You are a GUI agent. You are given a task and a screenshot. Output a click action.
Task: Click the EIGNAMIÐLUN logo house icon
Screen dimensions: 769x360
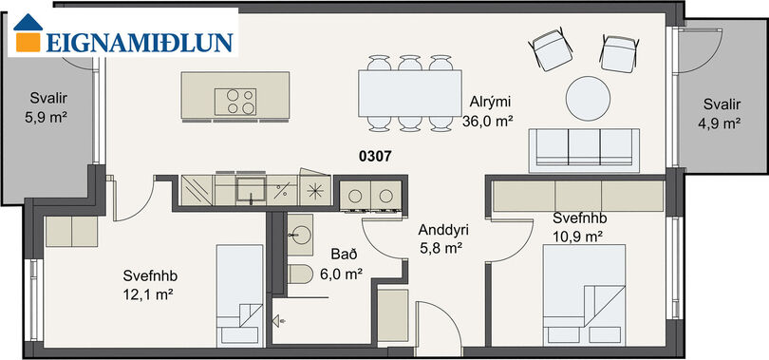pyautogui.click(x=28, y=32)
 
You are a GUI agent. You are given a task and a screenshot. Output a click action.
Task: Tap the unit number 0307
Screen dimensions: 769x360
pyautogui.click(x=375, y=157)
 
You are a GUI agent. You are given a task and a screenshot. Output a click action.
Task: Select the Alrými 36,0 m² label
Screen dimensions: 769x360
pyautogui.click(x=487, y=112)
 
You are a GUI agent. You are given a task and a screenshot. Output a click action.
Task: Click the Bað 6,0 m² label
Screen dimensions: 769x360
pyautogui.click(x=341, y=264)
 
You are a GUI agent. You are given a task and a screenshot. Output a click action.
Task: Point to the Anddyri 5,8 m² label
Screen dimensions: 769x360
pyautogui.click(x=441, y=238)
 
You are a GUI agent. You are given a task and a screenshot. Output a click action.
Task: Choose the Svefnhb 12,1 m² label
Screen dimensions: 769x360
pyautogui.click(x=150, y=285)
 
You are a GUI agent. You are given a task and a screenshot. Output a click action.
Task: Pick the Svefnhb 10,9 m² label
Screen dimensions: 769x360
pyautogui.click(x=580, y=228)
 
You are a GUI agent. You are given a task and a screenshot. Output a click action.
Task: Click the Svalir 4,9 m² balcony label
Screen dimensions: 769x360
pyautogui.click(x=719, y=114)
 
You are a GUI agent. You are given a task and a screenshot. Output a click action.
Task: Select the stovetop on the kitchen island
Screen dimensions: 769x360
pyautogui.click(x=235, y=102)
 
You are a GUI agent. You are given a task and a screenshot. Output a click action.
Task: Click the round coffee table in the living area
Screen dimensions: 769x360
pyautogui.click(x=588, y=98)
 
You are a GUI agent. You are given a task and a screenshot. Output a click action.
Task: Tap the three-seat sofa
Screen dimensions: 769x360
pyautogui.click(x=584, y=150)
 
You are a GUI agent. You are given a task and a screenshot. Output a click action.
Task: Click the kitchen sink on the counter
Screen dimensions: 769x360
pyautogui.click(x=251, y=190)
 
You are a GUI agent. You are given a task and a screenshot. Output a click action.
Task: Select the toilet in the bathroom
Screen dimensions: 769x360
pyautogui.click(x=300, y=275)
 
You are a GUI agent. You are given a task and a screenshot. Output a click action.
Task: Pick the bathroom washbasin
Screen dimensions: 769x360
pyautogui.click(x=300, y=235)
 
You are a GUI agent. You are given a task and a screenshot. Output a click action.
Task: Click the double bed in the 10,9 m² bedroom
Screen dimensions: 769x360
pyautogui.click(x=584, y=295)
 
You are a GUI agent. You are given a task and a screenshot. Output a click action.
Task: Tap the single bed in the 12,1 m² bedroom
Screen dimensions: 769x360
pyautogui.click(x=240, y=295)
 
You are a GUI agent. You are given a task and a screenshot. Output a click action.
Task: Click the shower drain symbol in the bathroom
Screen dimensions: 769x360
pyautogui.click(x=279, y=322)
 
